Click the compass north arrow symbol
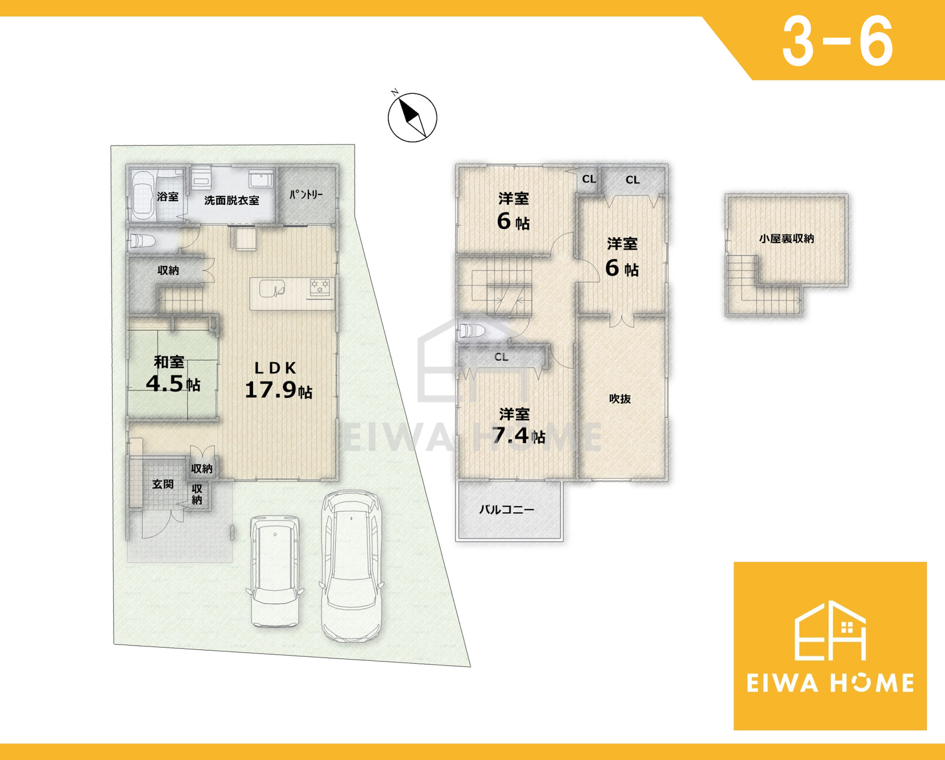(412, 117)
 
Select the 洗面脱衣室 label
(231, 200)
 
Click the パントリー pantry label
(306, 195)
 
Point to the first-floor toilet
(142, 241)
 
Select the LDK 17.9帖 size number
(278, 390)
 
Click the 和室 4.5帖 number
(173, 384)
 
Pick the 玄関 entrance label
(163, 484)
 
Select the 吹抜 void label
(620, 398)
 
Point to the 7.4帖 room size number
(518, 435)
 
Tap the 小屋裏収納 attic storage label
(786, 238)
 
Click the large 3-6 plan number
(837, 42)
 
